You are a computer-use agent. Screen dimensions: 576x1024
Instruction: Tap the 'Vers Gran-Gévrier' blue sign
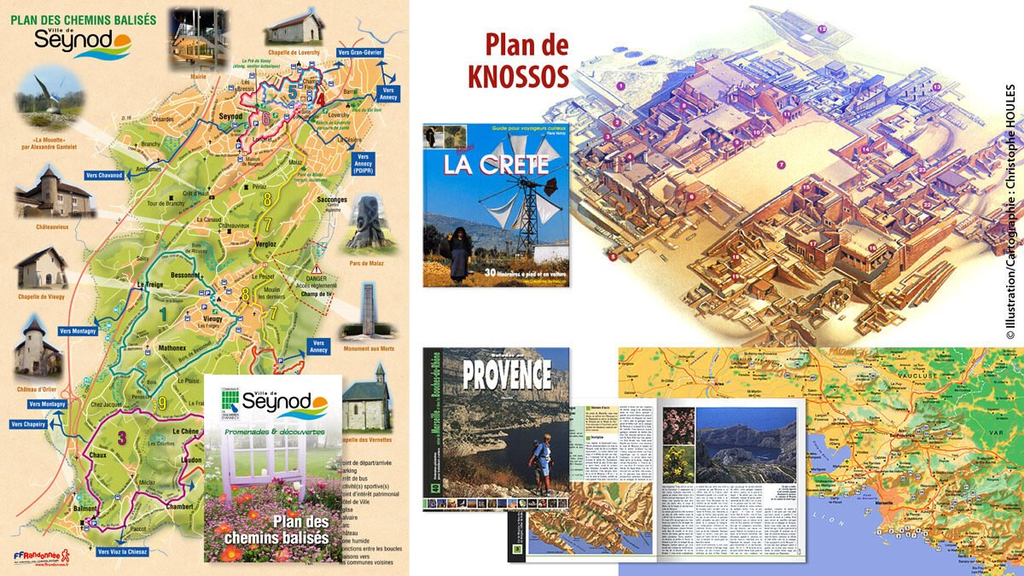359,53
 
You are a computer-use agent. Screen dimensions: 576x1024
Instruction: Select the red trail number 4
321,98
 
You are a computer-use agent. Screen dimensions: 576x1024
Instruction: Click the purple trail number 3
122,438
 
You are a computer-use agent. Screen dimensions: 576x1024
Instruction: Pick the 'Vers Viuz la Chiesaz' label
134,552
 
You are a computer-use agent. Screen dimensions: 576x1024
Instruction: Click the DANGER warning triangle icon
316,248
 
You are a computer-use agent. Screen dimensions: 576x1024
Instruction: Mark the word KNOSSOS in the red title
518,76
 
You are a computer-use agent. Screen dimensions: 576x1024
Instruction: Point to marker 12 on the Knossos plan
823,29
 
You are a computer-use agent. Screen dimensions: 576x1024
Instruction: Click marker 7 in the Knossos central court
780,163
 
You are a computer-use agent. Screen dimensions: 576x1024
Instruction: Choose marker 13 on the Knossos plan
936,87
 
